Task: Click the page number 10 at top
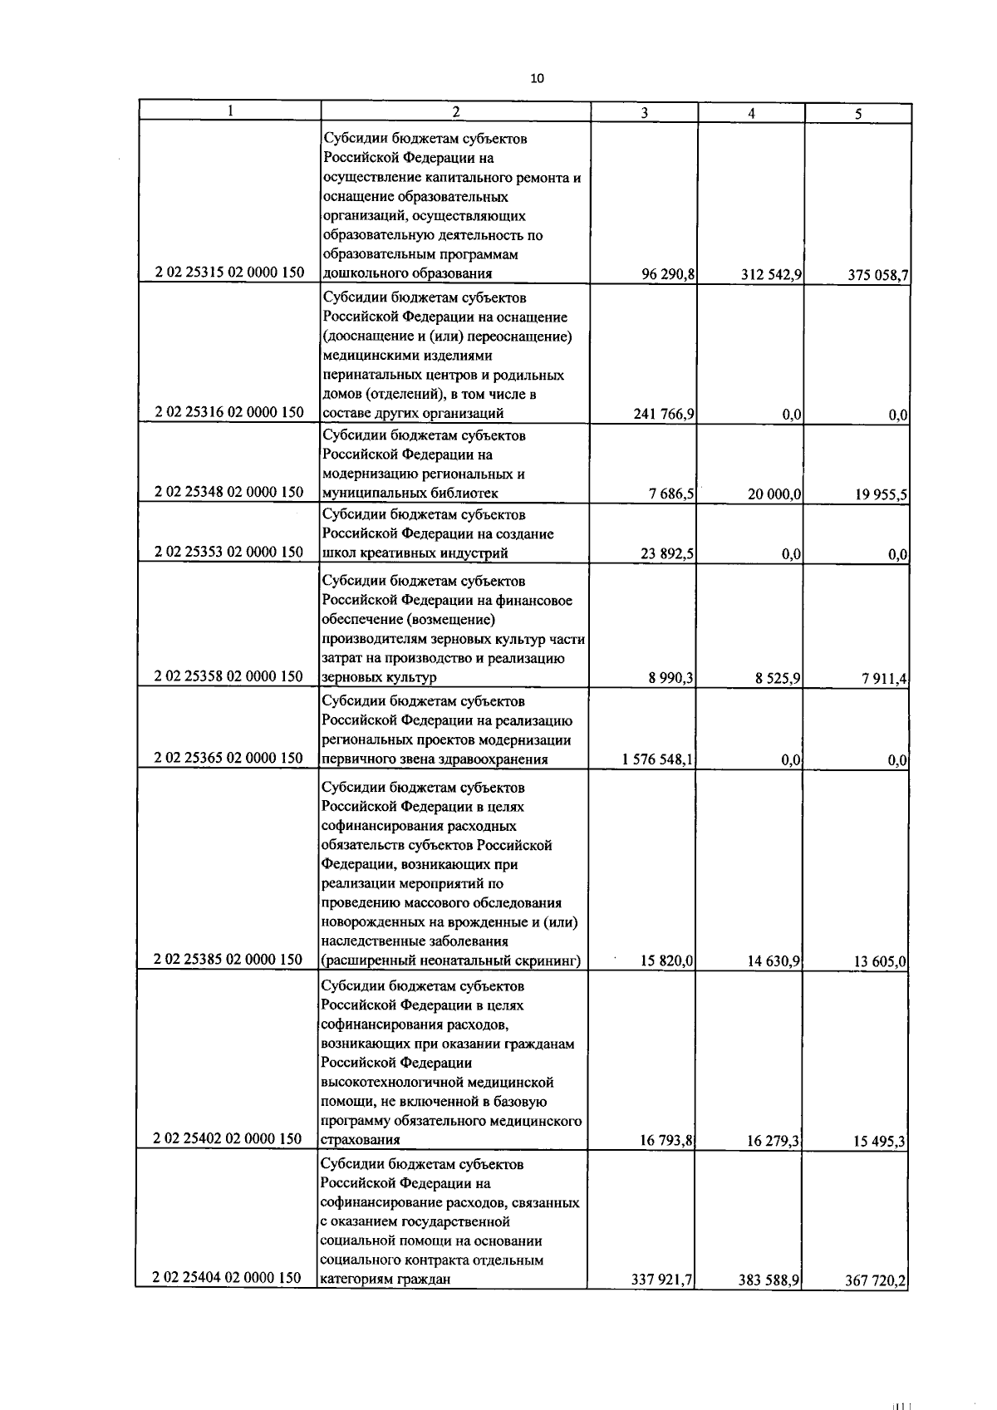click(x=537, y=79)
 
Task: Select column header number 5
click(x=857, y=115)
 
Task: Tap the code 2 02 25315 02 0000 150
click(x=229, y=273)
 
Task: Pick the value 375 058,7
click(x=877, y=276)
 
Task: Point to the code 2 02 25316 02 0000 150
click(x=229, y=412)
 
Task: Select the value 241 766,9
click(x=664, y=414)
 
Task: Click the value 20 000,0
click(x=774, y=494)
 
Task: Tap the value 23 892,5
click(x=667, y=553)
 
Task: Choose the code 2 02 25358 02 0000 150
click(x=229, y=676)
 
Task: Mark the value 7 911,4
click(x=884, y=680)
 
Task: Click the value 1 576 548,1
click(x=658, y=759)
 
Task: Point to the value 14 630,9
click(x=774, y=961)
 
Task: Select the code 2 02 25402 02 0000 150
click(x=228, y=1138)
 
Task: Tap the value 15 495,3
click(x=880, y=1142)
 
